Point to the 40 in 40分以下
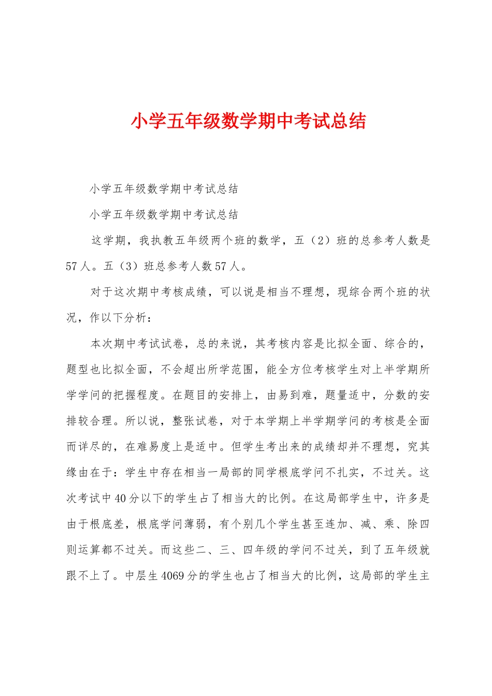(120, 499)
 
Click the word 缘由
(78, 473)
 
